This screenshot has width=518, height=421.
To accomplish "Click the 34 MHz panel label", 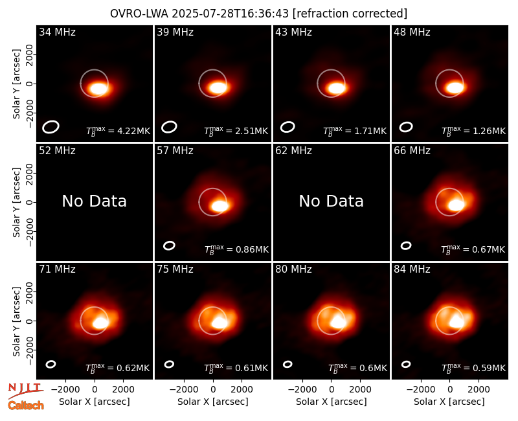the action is coord(57,32).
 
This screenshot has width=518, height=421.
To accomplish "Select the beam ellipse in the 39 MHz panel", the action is coord(169,127).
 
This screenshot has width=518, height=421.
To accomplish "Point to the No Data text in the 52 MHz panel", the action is coord(95,201).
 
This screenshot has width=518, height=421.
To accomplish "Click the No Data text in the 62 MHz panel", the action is coord(332,201).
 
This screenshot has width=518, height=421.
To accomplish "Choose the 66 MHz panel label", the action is coord(412,151).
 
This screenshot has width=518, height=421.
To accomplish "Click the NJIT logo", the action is coord(26,391).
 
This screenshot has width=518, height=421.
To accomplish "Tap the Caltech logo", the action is coord(26,405).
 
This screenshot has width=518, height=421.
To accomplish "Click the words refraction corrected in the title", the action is coord(350,14).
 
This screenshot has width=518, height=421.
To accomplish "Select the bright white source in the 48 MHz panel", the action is coord(455,87).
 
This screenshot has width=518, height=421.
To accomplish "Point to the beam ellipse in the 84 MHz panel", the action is coord(406,364).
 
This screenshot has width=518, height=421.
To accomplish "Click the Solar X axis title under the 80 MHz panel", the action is coord(332,402).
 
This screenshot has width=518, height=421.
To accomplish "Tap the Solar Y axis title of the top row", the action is coord(16,84).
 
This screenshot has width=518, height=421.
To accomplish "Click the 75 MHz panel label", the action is coord(175,269).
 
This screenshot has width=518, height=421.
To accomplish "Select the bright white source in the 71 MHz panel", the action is coord(100,322).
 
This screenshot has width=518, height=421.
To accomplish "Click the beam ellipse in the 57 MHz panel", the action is coord(169,245).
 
